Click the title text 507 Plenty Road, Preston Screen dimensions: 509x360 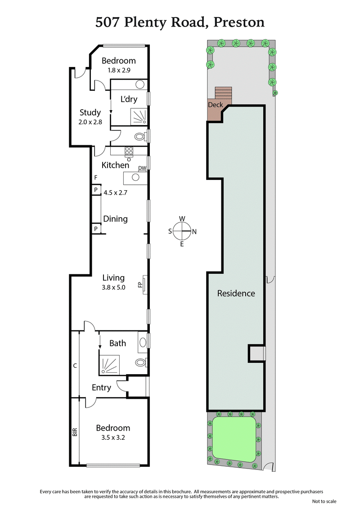click(180, 22)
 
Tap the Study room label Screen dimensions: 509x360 click(90, 112)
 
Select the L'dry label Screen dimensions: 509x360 click(129, 99)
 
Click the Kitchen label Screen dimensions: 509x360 click(115, 165)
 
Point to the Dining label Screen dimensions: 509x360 click(115, 219)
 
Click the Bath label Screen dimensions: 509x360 click(118, 343)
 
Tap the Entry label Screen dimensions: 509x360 click(101, 387)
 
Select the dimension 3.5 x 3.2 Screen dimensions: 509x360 click(113, 437)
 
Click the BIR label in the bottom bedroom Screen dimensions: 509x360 click(75, 432)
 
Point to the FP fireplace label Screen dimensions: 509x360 click(140, 285)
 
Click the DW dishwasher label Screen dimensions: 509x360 click(142, 168)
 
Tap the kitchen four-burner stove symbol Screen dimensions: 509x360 click(129, 152)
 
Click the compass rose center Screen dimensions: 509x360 click(182, 232)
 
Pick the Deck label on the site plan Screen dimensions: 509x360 click(215, 105)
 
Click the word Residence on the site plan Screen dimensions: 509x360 click(236, 293)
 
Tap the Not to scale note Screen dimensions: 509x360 click(324, 501)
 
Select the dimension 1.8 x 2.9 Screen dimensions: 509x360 click(118, 70)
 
